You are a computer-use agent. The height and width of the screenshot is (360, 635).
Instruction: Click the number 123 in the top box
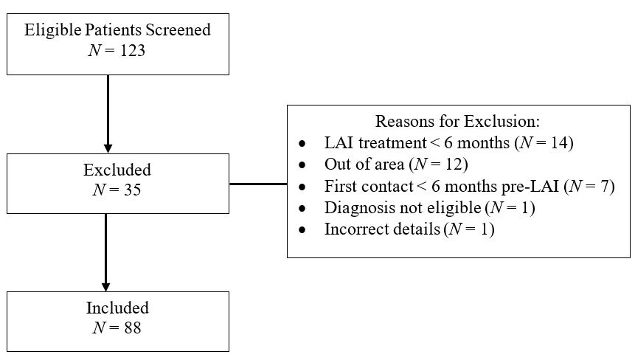point(133,51)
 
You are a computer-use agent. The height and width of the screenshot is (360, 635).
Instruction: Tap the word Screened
point(178,30)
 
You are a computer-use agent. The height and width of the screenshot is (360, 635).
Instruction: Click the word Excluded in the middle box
point(117,170)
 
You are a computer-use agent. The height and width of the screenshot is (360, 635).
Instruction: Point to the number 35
point(133,190)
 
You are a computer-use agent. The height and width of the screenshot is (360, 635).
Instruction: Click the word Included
point(117,308)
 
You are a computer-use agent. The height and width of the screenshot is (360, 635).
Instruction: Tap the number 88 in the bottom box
point(133,328)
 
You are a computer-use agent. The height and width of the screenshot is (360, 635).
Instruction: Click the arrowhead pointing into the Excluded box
point(108,148)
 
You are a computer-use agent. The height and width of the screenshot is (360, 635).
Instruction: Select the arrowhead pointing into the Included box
point(105,286)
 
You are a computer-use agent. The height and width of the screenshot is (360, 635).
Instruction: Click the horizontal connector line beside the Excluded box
point(258,184)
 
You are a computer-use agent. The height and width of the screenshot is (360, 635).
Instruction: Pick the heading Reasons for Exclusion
point(457,121)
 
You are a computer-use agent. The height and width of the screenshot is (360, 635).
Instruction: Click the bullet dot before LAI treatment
point(302,143)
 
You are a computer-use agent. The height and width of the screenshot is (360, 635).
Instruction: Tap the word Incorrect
point(352,229)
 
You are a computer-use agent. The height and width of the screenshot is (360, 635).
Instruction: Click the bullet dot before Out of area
point(302,165)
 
